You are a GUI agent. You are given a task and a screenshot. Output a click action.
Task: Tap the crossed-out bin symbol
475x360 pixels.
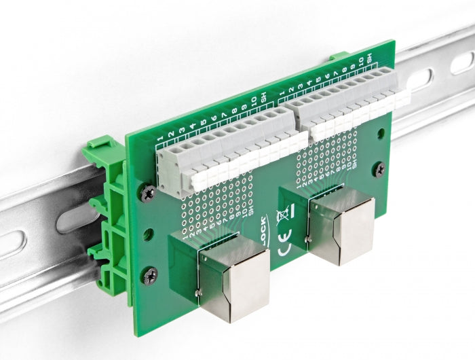click(x=283, y=217)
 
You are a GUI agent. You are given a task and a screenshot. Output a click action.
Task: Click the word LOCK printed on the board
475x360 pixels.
click(x=265, y=230)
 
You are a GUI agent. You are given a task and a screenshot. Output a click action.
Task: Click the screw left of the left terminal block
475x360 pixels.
click(x=148, y=193)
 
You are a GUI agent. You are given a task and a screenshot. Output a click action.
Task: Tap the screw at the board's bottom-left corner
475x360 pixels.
click(x=150, y=274)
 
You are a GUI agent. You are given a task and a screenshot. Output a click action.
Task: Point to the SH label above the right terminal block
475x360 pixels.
click(x=370, y=60)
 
